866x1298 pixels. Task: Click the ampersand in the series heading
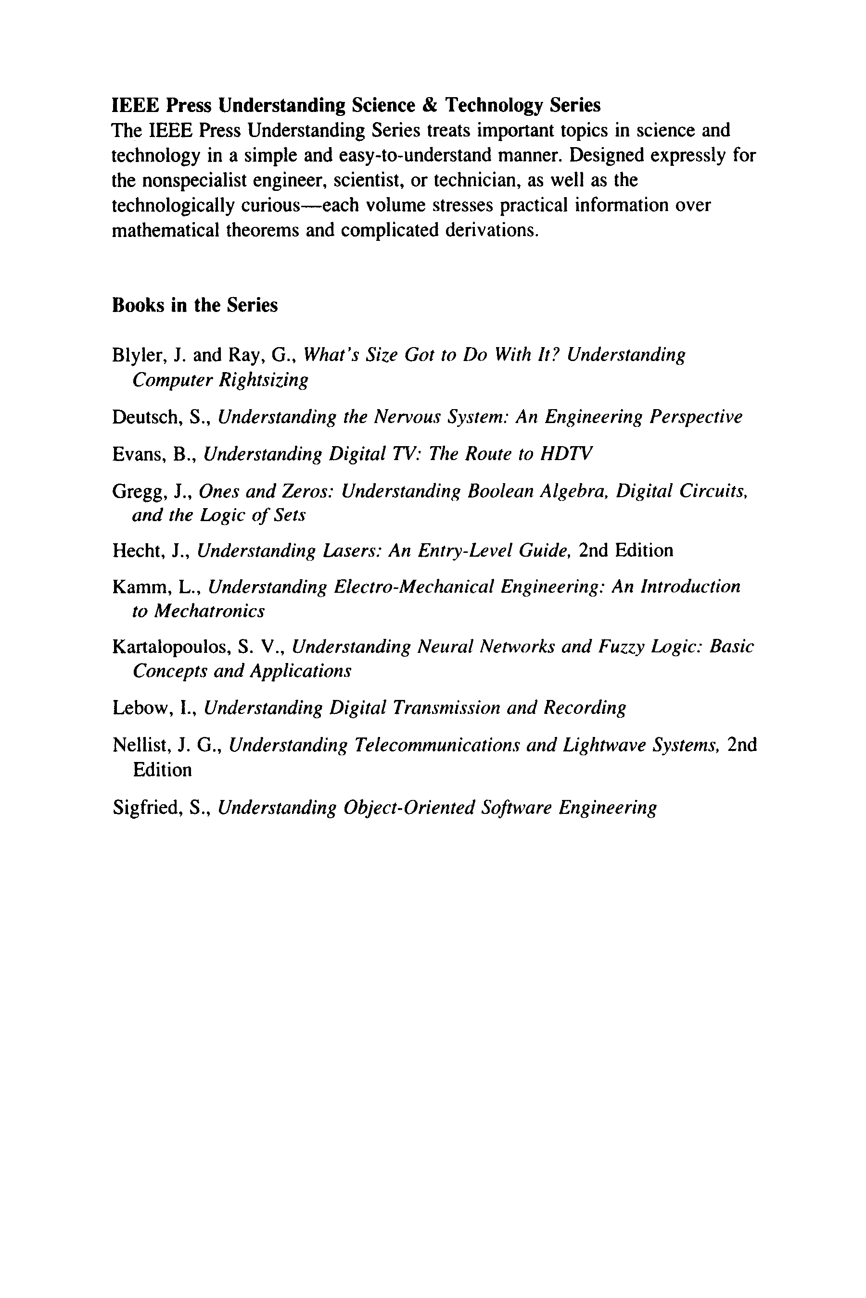click(430, 105)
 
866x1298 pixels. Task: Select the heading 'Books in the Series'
click(194, 305)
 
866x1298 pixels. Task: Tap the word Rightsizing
click(264, 380)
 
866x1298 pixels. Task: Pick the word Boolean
click(500, 491)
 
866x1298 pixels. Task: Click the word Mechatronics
click(209, 611)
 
